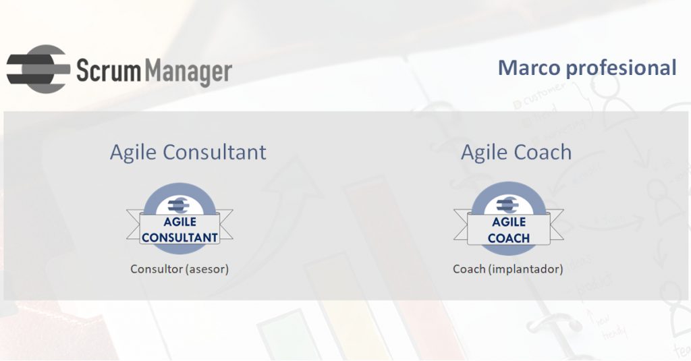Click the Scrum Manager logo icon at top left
(x=38, y=69)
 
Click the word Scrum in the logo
(x=109, y=71)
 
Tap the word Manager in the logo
(x=188, y=72)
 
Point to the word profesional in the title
(x=621, y=68)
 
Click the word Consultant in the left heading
(x=215, y=152)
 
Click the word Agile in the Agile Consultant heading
(x=133, y=153)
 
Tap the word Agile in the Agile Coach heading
(x=484, y=153)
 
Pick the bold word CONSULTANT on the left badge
(x=179, y=238)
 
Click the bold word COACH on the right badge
(x=509, y=238)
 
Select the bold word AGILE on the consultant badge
(x=179, y=222)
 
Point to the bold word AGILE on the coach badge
(x=509, y=222)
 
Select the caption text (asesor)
(x=207, y=269)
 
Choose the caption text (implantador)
(x=526, y=269)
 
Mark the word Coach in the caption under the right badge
(x=469, y=269)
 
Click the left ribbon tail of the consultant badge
(x=134, y=224)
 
